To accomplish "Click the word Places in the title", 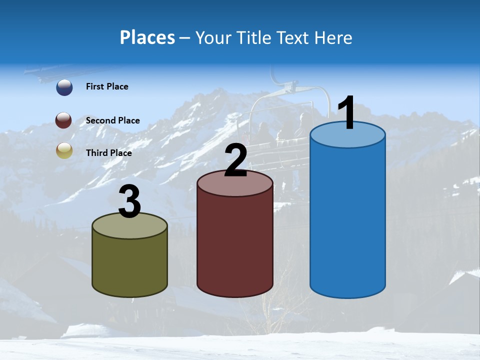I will tap(147, 37).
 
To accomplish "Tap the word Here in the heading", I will tap(334, 37).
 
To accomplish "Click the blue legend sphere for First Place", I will tap(64, 87).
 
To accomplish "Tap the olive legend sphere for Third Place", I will tap(64, 150).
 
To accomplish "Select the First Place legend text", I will tap(107, 86).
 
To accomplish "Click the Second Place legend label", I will tap(112, 120).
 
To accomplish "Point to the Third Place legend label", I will tap(108, 153).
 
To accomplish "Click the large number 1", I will tap(347, 113).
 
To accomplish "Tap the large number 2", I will tap(235, 160).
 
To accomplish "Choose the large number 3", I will tap(129, 201).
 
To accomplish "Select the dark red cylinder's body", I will tap(235, 245).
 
